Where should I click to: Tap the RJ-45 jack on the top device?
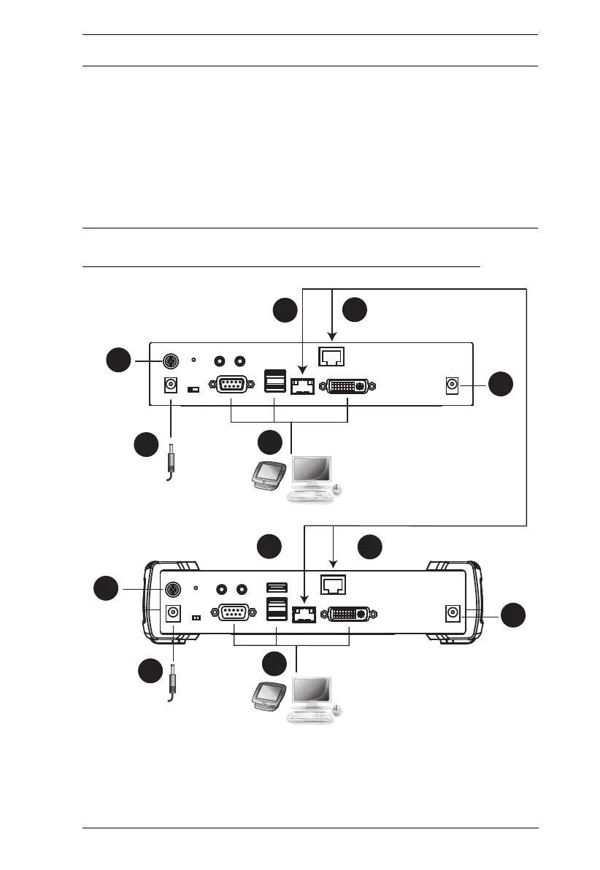pyautogui.click(x=333, y=357)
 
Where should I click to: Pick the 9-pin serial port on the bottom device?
pyautogui.click(x=232, y=615)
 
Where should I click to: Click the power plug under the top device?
pyautogui.click(x=173, y=461)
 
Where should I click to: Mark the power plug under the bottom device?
pyautogui.click(x=174, y=683)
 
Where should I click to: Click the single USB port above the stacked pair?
pyautogui.click(x=276, y=588)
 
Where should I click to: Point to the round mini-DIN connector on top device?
pyautogui.click(x=169, y=361)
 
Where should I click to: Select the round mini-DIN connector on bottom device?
pyautogui.click(x=173, y=588)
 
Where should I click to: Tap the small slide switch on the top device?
pyautogui.click(x=193, y=390)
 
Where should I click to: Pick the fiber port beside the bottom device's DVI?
pyautogui.click(x=303, y=615)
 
